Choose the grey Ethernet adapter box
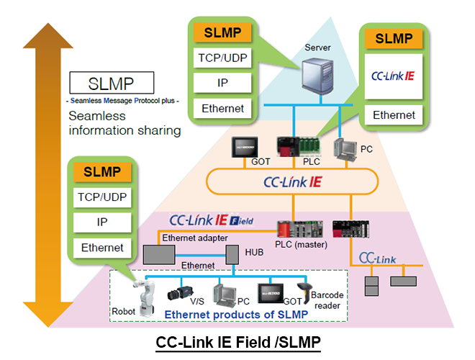tap(159, 254)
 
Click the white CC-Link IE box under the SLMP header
tap(394, 76)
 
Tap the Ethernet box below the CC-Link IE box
tap(394, 114)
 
